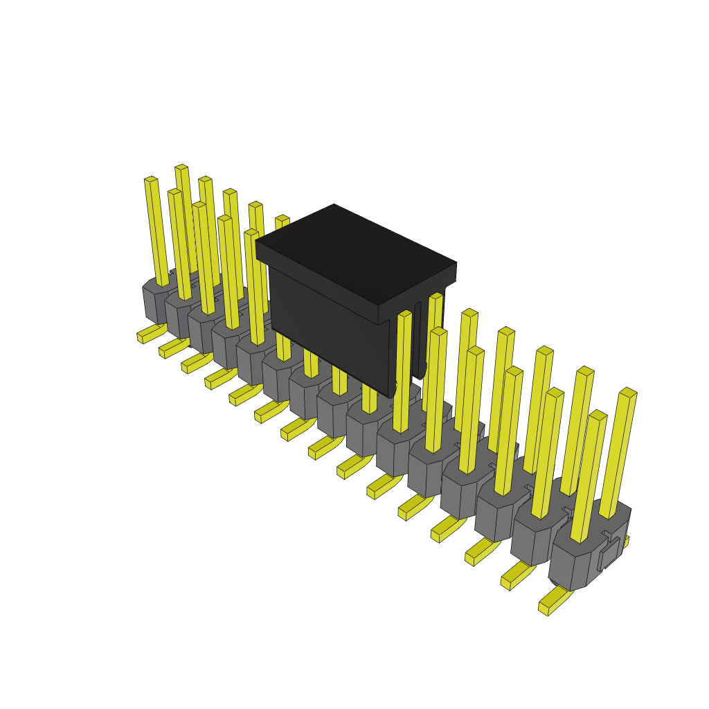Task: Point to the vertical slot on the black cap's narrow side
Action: pyautogui.click(x=418, y=339)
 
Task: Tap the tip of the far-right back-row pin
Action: pyautogui.click(x=628, y=392)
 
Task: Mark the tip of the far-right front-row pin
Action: pyautogui.click(x=598, y=415)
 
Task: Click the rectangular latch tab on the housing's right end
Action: pyautogui.click(x=609, y=553)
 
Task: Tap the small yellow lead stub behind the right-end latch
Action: pyautogui.click(x=626, y=540)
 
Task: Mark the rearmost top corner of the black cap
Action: pyautogui.click(x=334, y=205)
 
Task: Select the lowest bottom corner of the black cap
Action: pyautogui.click(x=389, y=397)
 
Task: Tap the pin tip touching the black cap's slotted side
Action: pyautogui.click(x=436, y=297)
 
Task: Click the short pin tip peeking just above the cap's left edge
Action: pyautogui.click(x=282, y=219)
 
